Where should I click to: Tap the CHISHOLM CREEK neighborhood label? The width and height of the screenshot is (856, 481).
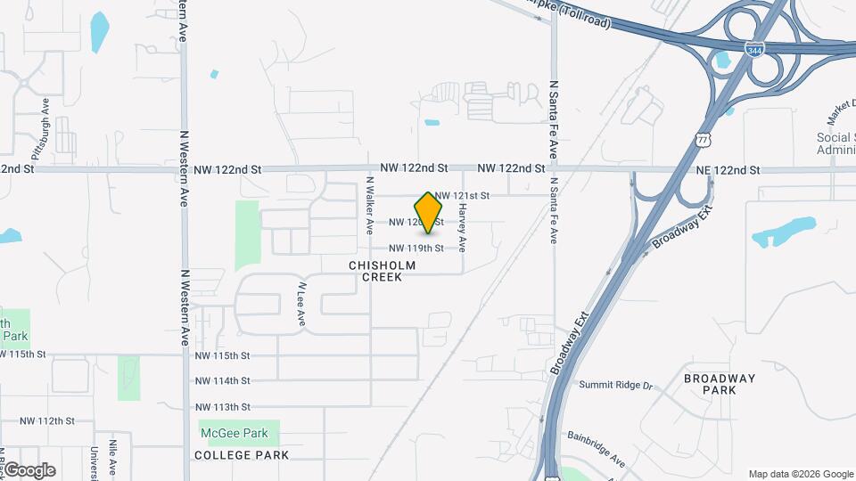click(x=375, y=271)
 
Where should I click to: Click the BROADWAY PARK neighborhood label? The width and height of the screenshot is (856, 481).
click(x=720, y=384)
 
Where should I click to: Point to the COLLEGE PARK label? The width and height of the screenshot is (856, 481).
click(x=242, y=455)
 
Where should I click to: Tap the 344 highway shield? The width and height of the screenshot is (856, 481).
click(x=754, y=52)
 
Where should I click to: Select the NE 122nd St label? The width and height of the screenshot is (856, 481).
click(x=728, y=169)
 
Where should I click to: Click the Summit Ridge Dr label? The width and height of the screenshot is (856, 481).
click(x=616, y=385)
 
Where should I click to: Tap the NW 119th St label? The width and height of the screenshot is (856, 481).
click(x=416, y=249)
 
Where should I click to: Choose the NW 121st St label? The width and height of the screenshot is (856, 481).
click(x=463, y=195)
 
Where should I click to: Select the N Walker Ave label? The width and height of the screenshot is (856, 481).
click(x=368, y=205)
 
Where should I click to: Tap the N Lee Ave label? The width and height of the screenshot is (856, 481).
click(x=302, y=305)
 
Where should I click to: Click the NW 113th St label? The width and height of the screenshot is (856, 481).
click(x=223, y=407)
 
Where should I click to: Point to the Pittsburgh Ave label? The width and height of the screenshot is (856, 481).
click(x=46, y=124)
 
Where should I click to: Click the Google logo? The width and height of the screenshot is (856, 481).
click(x=29, y=470)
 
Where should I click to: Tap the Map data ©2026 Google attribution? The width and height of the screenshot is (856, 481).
click(x=800, y=474)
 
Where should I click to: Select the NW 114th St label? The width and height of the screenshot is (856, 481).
click(x=223, y=381)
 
